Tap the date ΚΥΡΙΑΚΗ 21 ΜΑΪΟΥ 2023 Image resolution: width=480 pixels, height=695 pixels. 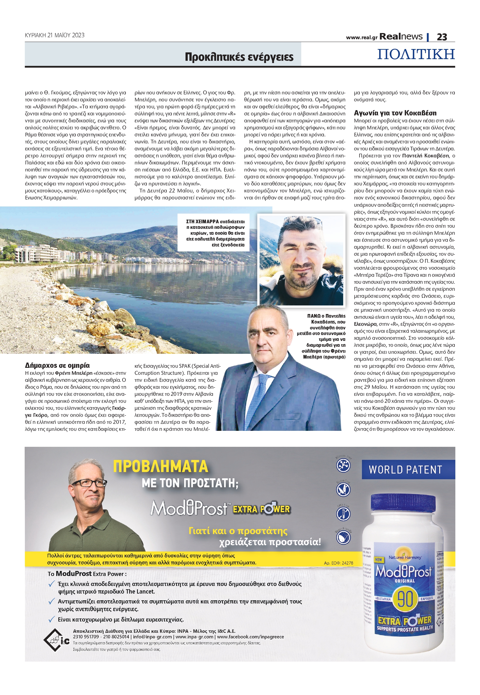pos(55,35)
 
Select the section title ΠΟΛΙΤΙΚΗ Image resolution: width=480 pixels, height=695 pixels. pos(416,54)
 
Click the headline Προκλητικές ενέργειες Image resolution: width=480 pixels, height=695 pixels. pos(239,57)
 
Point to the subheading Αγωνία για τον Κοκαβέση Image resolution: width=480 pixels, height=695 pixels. pos(395,113)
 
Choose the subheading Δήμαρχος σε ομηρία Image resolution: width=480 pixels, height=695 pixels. pos(57,365)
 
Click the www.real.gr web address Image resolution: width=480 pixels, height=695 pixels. pos(361,38)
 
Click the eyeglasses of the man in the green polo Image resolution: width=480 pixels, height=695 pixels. pos(89,483)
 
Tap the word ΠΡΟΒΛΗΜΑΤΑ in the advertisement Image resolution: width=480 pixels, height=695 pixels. pos(161,466)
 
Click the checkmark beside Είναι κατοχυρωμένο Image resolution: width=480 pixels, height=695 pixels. pos(52,619)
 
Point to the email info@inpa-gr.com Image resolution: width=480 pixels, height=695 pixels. pos(152,637)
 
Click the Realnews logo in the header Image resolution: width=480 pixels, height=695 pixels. pos(401,36)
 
